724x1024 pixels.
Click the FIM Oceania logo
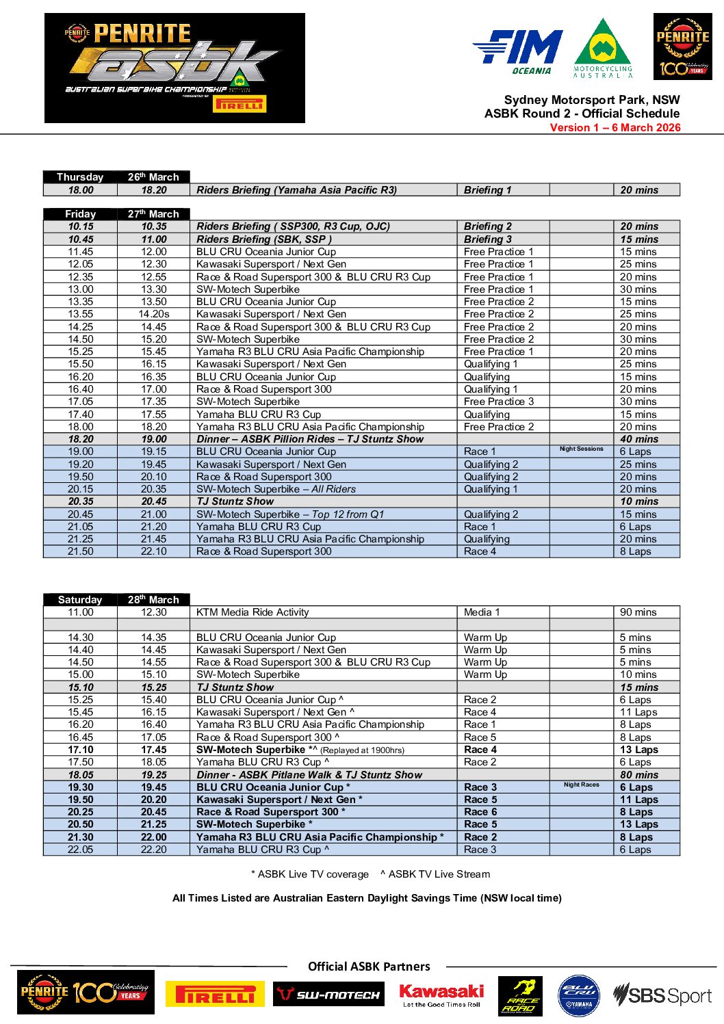(x=517, y=51)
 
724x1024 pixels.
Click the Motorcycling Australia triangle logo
(x=602, y=48)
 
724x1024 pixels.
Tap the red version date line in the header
(x=615, y=127)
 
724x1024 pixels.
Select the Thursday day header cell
(x=80, y=177)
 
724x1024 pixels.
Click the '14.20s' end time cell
(x=154, y=314)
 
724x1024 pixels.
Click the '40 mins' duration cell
(x=639, y=439)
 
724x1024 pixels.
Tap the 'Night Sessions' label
(x=581, y=449)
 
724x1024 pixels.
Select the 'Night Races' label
(x=581, y=785)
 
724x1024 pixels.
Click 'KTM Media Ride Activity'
(x=253, y=612)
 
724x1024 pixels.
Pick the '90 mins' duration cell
(x=638, y=612)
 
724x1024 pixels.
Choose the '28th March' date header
(x=153, y=600)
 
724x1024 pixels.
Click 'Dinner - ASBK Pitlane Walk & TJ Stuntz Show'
(x=309, y=775)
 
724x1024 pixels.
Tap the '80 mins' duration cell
(x=639, y=775)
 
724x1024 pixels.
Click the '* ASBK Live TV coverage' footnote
(x=310, y=874)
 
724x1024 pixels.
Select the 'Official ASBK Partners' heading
(x=369, y=967)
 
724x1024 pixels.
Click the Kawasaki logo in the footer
(x=441, y=995)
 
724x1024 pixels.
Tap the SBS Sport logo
(x=662, y=995)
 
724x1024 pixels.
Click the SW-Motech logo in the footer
(x=328, y=995)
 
